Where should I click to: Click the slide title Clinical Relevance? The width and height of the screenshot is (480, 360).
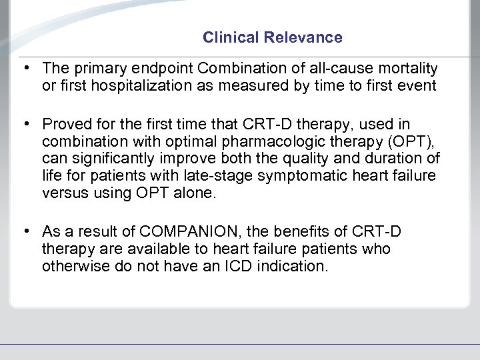click(x=272, y=38)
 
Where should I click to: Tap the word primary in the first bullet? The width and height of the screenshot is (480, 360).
click(x=91, y=69)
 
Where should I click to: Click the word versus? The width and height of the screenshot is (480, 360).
click(x=62, y=193)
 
